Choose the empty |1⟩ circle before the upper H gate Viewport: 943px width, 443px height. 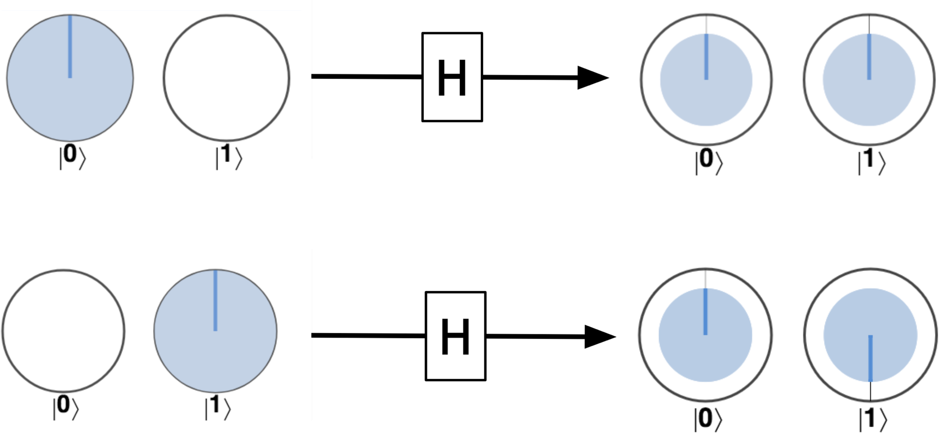pos(226,78)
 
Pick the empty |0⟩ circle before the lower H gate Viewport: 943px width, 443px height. pos(63,331)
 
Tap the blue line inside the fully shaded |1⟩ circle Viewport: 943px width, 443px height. pos(215,301)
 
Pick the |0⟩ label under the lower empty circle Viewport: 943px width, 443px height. pos(65,408)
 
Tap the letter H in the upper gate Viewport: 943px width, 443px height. pos(452,78)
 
